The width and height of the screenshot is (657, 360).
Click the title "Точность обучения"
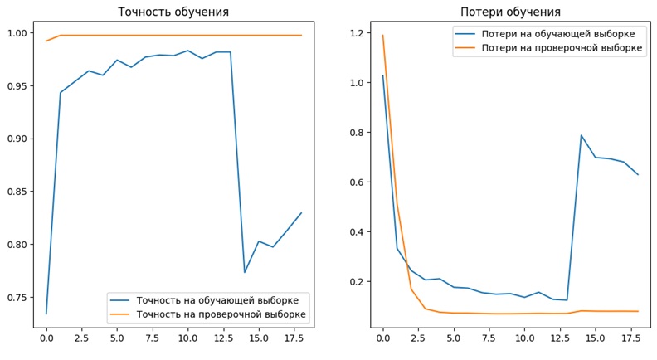173,12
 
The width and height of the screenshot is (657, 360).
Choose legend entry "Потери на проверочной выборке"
547,49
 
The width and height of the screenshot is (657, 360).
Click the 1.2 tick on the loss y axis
357,33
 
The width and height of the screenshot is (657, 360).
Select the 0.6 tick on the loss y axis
357,182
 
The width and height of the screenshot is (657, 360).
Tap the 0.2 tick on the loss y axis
357,282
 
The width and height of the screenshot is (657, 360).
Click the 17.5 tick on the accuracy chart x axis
294,338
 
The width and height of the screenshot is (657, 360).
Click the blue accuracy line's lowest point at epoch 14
244,272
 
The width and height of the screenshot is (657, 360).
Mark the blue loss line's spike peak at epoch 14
581,135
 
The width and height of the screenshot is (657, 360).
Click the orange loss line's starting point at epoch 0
382,35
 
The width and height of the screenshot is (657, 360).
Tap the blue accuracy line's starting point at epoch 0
46,314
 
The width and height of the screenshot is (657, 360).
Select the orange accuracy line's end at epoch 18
301,35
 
